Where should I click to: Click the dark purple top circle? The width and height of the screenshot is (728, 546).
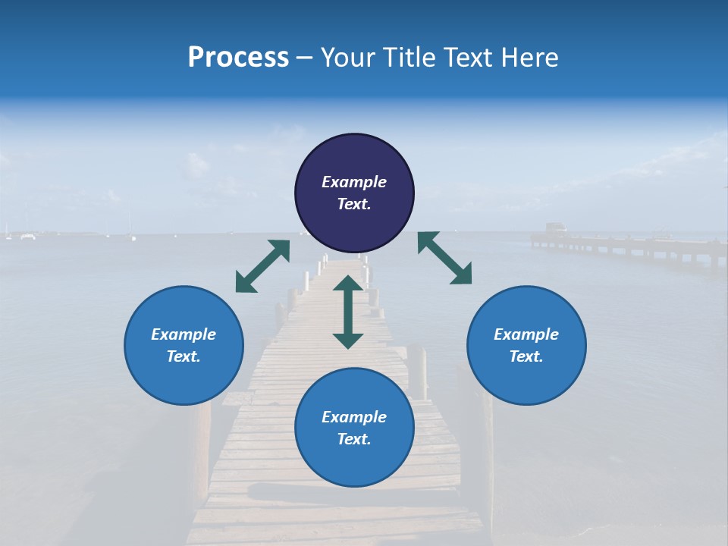point(354,193)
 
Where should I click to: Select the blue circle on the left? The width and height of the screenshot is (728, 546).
point(184,345)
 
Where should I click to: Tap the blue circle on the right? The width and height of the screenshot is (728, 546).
point(526,345)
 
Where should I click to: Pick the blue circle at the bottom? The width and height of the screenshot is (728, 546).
point(354,428)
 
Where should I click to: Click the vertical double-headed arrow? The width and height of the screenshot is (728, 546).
point(348,312)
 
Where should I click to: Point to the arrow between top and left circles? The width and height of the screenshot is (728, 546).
point(262,266)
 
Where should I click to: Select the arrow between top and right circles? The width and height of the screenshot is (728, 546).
point(445,258)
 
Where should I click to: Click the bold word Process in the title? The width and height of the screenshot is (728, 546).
point(238,58)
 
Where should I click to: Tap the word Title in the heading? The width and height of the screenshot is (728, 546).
point(411,58)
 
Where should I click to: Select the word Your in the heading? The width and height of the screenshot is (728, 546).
point(347,58)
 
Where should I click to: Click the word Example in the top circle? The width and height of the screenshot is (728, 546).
point(354,182)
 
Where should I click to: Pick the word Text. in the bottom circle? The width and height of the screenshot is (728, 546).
point(354,439)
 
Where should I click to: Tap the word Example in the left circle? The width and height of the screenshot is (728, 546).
point(184,334)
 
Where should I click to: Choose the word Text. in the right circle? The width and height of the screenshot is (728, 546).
point(526,356)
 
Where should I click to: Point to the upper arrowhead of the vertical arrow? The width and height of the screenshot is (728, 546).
point(348,284)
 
